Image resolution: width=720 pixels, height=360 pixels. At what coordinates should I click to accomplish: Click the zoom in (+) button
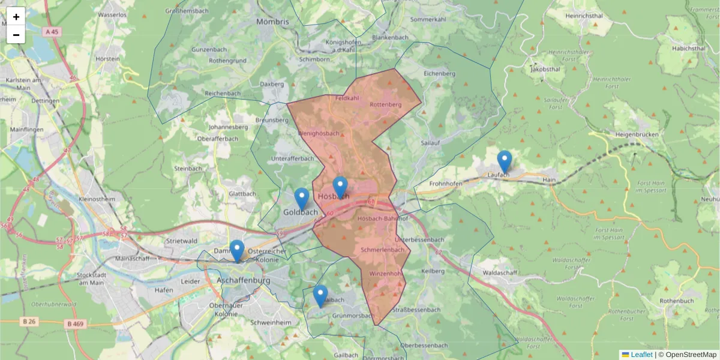pyautogui.click(x=16, y=17)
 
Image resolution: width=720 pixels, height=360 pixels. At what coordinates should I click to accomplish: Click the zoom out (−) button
pyautogui.click(x=16, y=35)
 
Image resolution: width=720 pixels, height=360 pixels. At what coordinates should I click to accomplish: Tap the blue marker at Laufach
pyautogui.click(x=505, y=161)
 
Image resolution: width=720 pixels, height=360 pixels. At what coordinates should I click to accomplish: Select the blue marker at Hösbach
pyautogui.click(x=340, y=188)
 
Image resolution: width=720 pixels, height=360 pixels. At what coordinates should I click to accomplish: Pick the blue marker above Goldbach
pyautogui.click(x=302, y=199)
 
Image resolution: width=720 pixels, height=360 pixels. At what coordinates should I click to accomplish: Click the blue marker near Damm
pyautogui.click(x=237, y=251)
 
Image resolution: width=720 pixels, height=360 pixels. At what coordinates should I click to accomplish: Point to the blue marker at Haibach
pyautogui.click(x=320, y=296)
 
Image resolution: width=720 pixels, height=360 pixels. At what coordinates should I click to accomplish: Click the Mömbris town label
pyautogui.click(x=272, y=22)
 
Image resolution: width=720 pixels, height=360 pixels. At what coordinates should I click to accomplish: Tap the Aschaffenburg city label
pyautogui.click(x=243, y=280)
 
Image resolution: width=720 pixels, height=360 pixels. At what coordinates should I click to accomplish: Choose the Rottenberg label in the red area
pyautogui.click(x=385, y=104)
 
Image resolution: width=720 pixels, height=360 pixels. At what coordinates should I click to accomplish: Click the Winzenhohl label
pyautogui.click(x=385, y=274)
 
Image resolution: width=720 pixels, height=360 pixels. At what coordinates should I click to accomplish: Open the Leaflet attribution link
pyautogui.click(x=641, y=355)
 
